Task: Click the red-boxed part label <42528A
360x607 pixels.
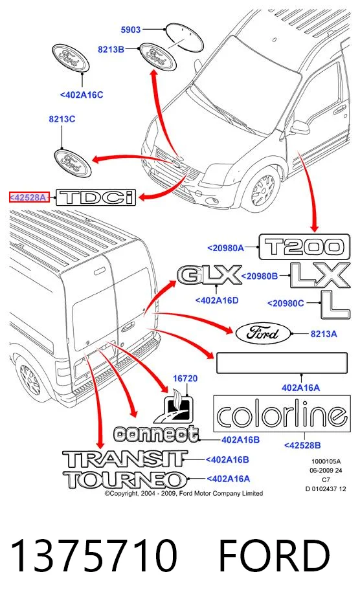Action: click(29, 197)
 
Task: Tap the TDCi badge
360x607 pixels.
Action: click(96, 197)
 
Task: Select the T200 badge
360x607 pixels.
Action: click(304, 247)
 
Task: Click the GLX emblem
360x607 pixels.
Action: click(209, 275)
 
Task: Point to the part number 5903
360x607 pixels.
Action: click(131, 29)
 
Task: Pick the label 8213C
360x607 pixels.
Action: click(62, 119)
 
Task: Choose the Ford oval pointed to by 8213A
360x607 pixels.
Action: click(263, 333)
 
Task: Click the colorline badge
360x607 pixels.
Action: click(282, 414)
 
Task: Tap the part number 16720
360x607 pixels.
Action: click(185, 378)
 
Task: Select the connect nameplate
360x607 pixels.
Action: click(156, 434)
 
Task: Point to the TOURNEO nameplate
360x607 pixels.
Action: click(125, 480)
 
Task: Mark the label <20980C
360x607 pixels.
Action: click(286, 303)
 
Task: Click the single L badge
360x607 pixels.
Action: click(335, 304)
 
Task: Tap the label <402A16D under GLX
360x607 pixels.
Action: click(217, 300)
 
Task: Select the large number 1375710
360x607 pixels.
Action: click(94, 555)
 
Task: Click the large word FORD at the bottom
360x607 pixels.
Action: click(275, 555)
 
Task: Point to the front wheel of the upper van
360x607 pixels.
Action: click(263, 190)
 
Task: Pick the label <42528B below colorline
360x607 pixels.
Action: click(302, 445)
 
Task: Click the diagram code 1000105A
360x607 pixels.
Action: click(326, 461)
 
